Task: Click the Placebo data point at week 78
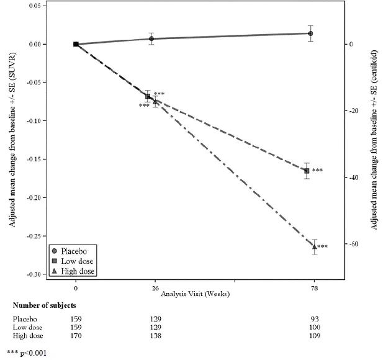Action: click(x=310, y=34)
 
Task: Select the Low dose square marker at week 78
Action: click(x=307, y=171)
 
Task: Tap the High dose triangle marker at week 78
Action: click(x=314, y=246)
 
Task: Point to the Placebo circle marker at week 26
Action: click(x=151, y=38)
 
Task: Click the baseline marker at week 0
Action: click(x=76, y=44)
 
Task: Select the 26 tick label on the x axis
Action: click(x=155, y=289)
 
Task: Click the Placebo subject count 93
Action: click(x=314, y=318)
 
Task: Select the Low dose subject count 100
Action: click(x=314, y=327)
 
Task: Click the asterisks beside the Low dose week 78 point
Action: click(x=318, y=171)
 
